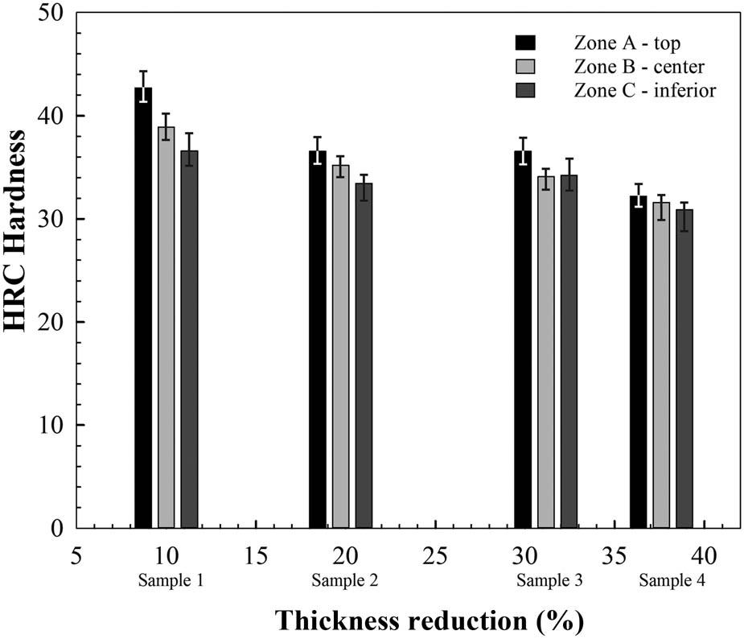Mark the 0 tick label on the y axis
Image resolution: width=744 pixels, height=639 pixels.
[x=59, y=529]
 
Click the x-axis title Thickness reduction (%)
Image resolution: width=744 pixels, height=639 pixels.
[x=429, y=620]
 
